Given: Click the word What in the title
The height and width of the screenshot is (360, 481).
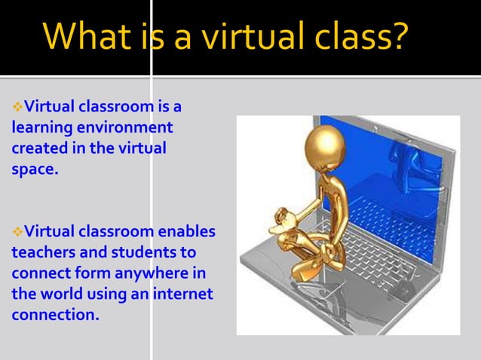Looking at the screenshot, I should [x=87, y=38].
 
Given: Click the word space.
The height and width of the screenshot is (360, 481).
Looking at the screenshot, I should [x=34, y=169].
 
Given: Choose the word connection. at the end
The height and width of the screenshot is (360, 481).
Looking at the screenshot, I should [x=55, y=315].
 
